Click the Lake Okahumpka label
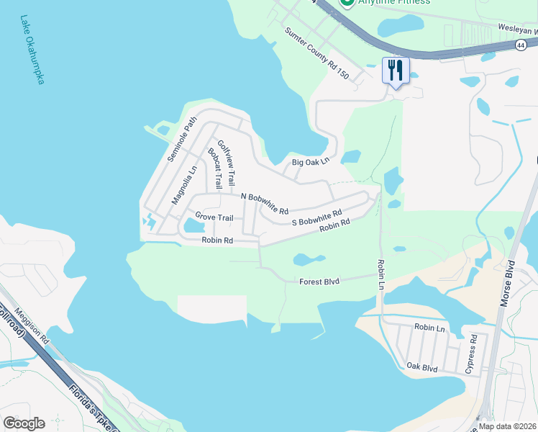coord(29,50)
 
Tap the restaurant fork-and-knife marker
coord(396,71)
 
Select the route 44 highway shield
coord(520,45)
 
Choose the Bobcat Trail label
coord(214,168)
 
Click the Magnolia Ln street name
coord(184,186)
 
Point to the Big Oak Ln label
coord(310,162)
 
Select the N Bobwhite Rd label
coord(264,204)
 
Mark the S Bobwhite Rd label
coord(316,218)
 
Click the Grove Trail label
coord(214,217)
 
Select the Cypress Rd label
coord(472,354)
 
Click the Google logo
coord(24,423)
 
